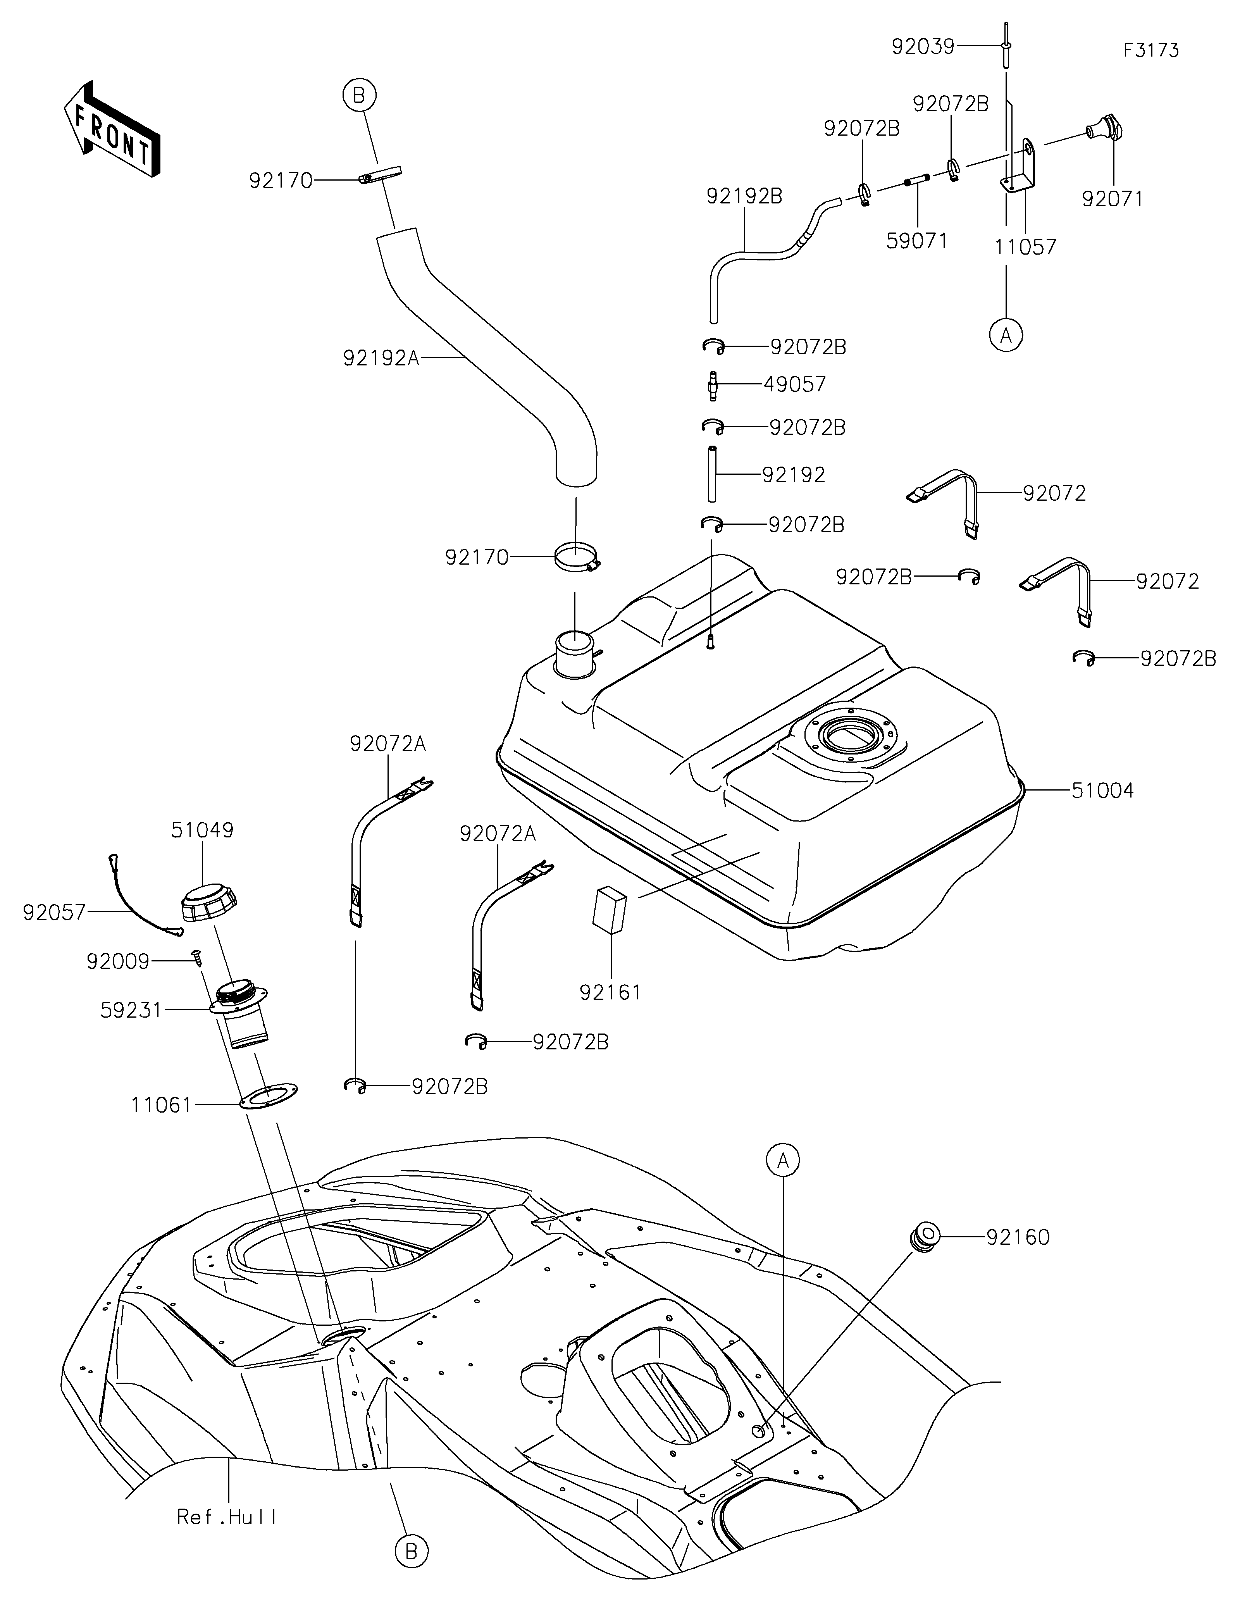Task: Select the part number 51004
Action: tap(1102, 791)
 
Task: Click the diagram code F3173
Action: tap(1151, 51)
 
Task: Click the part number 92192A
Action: tap(381, 358)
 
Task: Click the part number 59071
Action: tap(916, 241)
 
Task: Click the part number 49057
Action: tap(795, 384)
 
